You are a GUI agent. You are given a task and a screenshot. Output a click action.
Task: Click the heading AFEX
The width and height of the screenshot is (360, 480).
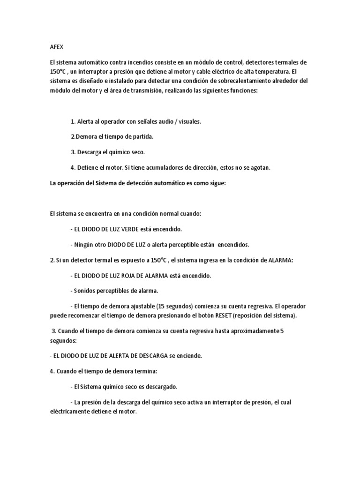click(x=56, y=47)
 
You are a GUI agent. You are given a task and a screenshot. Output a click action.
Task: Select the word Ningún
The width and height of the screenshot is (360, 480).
click(x=83, y=245)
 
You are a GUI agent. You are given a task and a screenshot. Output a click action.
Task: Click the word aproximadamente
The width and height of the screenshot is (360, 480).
click(x=248, y=331)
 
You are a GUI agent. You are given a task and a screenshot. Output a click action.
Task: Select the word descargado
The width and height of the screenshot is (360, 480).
click(x=158, y=387)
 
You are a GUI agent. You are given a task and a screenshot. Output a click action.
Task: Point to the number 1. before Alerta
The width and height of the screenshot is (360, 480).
click(x=73, y=121)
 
